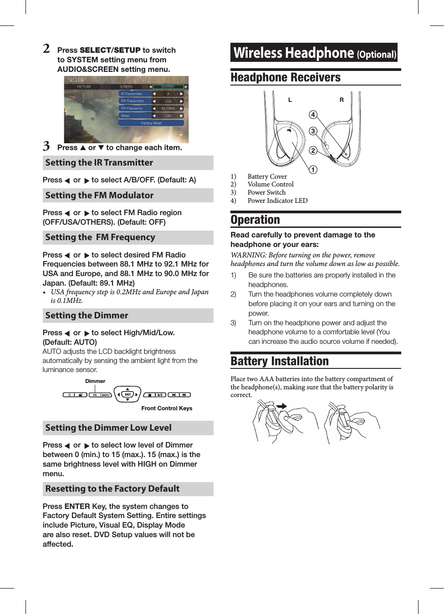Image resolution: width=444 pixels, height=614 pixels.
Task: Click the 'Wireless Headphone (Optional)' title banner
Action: [314, 53]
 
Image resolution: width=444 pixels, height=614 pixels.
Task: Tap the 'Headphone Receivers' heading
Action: [286, 78]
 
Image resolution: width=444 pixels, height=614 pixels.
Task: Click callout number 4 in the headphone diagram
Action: [313, 115]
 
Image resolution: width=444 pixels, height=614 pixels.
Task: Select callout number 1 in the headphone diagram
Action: [313, 170]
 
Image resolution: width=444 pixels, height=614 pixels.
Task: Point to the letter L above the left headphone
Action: [290, 100]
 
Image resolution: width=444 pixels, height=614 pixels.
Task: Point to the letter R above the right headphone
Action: [342, 100]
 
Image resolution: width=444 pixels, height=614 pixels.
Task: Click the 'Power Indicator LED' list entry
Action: [277, 201]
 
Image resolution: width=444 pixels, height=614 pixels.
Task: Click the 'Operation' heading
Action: [255, 220]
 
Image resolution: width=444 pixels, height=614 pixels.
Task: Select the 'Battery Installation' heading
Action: [280, 362]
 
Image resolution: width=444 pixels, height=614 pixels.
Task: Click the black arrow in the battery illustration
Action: [281, 406]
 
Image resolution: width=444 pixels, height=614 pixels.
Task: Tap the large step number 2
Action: [46, 49]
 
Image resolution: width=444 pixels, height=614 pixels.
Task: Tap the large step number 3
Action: [46, 146]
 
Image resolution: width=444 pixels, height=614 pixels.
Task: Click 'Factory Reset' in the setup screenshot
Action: [151, 123]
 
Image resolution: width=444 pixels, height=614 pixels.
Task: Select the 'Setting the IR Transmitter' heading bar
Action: [128, 163]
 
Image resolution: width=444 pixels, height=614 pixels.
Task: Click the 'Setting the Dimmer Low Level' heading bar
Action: [128, 428]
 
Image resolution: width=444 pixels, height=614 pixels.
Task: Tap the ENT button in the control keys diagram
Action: [128, 395]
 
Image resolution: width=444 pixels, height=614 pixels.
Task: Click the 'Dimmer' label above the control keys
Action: [95, 381]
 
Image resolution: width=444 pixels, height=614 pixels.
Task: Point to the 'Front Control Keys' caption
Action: [167, 408]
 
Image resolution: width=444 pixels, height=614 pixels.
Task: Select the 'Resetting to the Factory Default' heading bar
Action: [128, 489]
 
